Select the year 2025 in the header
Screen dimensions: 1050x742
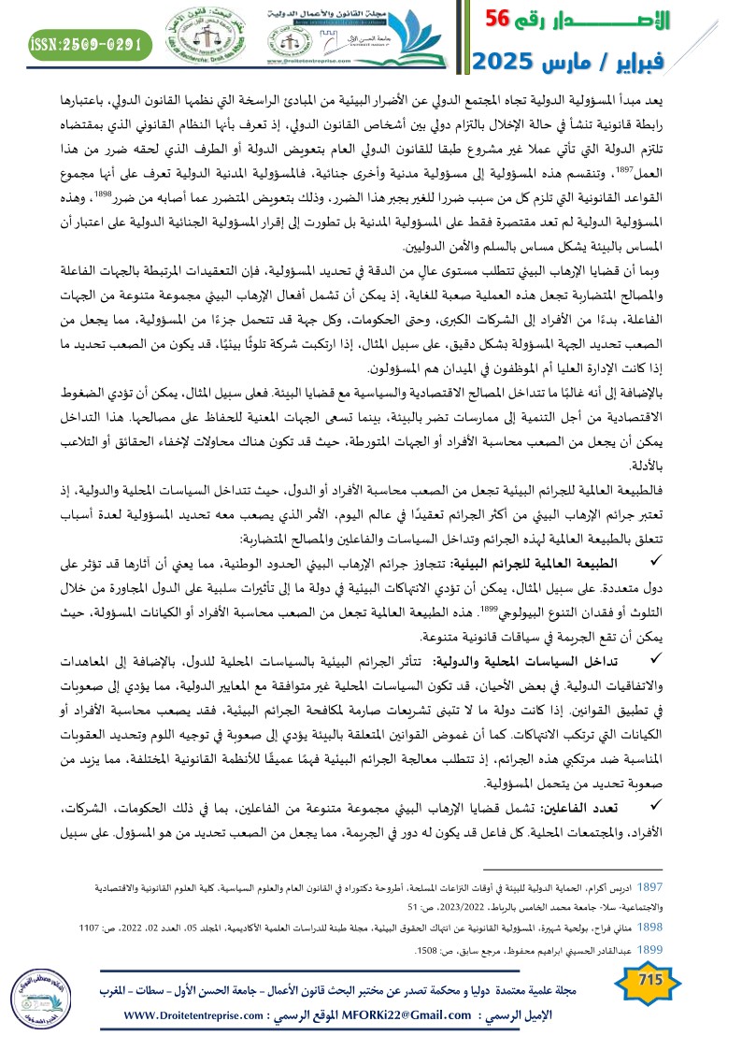point(507,61)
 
